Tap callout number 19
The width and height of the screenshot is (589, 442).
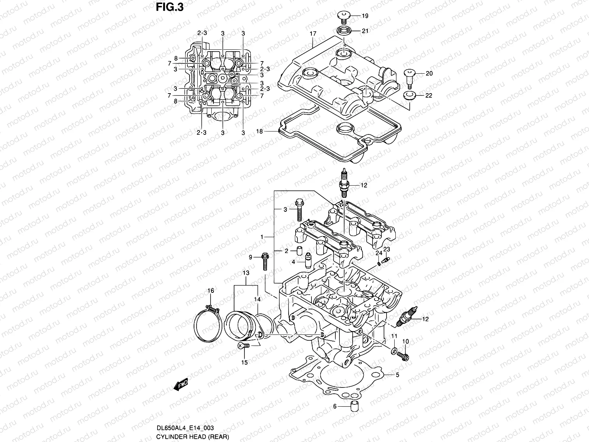(365, 16)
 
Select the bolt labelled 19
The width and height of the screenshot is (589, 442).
(342, 16)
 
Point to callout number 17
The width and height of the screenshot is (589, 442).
(313, 34)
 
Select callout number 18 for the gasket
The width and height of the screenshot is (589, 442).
(259, 131)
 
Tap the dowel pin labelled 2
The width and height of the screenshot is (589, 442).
(299, 251)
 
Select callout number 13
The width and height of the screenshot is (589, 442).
(246, 273)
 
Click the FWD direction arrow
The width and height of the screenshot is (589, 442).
(181, 385)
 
